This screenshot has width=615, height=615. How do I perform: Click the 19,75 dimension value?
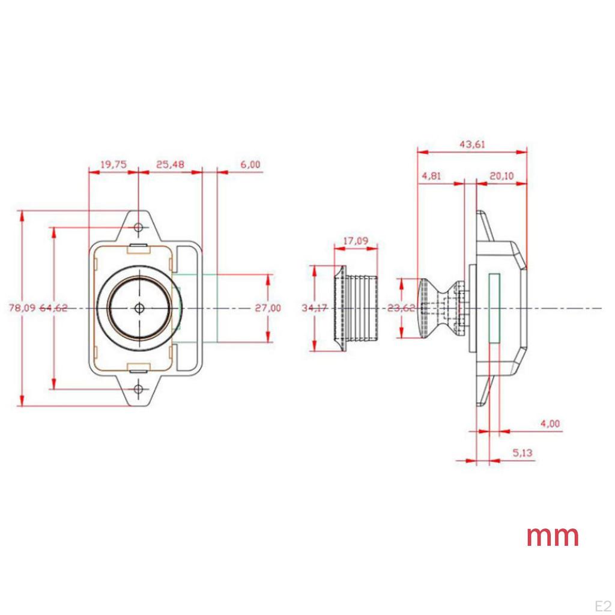click(x=113, y=165)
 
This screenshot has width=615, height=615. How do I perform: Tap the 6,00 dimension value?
click(x=250, y=165)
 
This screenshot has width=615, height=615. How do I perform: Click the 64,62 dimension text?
click(x=53, y=308)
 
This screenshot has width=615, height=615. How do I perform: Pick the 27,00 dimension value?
click(x=267, y=308)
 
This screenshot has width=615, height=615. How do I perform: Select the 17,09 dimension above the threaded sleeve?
click(x=356, y=241)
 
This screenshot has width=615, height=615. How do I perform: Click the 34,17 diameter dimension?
click(x=314, y=308)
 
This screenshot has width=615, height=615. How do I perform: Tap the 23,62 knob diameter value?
click(x=401, y=308)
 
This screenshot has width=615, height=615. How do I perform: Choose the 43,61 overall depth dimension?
click(x=472, y=144)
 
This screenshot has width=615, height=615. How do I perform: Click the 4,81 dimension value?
click(x=432, y=176)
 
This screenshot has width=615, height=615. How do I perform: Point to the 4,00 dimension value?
click(x=550, y=423)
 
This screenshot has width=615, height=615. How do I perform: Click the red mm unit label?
click(x=553, y=536)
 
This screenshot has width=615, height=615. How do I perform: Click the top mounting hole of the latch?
click(x=139, y=228)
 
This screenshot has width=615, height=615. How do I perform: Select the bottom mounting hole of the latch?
click(x=139, y=390)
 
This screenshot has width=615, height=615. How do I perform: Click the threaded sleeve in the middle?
click(x=359, y=308)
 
